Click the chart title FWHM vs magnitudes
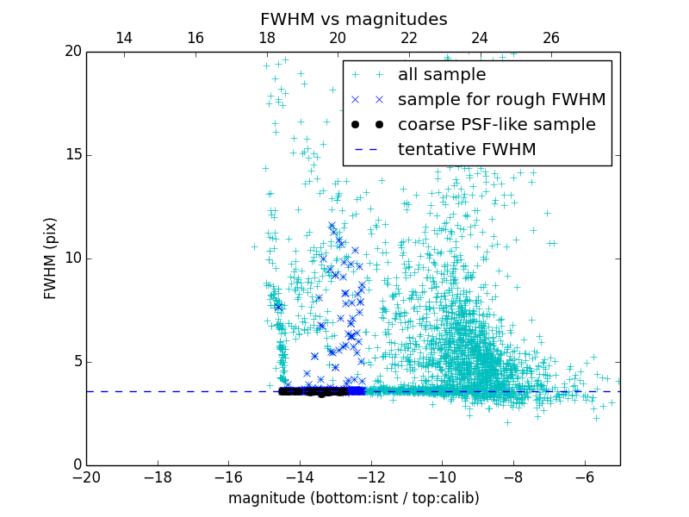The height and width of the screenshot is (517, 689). (x=353, y=19)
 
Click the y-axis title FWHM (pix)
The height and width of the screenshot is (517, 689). (x=51, y=258)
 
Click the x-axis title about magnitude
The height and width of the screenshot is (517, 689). (x=353, y=498)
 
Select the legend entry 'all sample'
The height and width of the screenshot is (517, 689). (x=442, y=75)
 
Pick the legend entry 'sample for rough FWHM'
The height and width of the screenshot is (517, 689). (x=501, y=100)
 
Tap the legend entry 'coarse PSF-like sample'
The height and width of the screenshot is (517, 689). (x=496, y=125)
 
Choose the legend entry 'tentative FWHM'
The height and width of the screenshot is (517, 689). (x=467, y=150)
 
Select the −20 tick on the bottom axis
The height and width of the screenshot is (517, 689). (x=86, y=477)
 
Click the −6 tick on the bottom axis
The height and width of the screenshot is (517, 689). (x=584, y=477)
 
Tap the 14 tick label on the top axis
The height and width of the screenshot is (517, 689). (x=124, y=38)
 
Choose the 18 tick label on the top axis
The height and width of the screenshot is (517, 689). (x=266, y=38)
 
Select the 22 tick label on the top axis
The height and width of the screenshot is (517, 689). (x=409, y=38)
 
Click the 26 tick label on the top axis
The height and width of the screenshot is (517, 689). (x=551, y=38)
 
